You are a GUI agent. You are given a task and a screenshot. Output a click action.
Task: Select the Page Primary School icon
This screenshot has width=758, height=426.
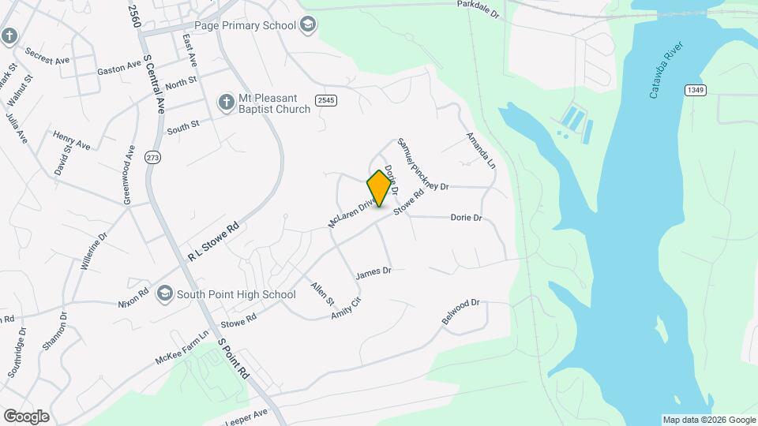307,25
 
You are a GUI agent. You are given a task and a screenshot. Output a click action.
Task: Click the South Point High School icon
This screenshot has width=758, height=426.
165,294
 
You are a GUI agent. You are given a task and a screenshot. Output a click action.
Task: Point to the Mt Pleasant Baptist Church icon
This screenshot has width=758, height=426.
227,103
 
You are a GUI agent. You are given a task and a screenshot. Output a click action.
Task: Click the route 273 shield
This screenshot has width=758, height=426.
152,158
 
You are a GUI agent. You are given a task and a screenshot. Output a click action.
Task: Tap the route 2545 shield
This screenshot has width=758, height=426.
325,100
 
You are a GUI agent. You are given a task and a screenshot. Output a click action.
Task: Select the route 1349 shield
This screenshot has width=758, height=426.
695,91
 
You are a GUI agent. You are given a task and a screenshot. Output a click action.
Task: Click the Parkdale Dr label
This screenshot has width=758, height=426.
478,9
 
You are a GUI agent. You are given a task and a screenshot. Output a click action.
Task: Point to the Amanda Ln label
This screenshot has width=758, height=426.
481,150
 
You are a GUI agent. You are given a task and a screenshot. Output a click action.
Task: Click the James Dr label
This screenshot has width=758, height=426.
373,272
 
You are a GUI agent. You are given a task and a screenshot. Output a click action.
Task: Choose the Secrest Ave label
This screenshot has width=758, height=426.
47,57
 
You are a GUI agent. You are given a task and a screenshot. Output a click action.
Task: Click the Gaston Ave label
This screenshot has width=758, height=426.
118,70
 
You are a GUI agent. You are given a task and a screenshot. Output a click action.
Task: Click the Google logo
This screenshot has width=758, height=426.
26,416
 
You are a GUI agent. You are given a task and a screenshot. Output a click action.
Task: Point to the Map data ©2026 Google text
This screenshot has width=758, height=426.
709,420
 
